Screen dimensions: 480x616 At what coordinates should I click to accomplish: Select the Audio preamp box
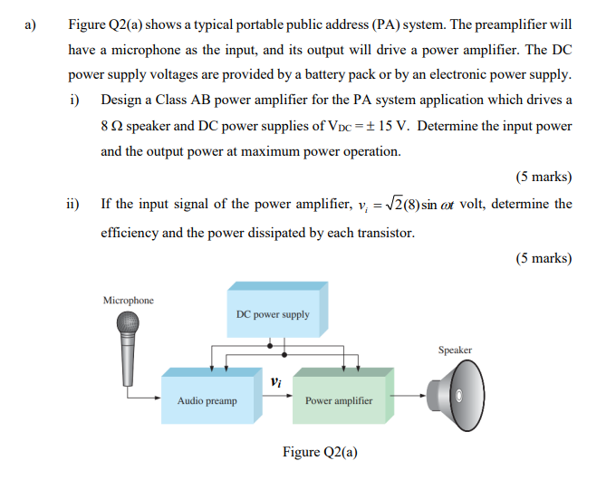[207, 398]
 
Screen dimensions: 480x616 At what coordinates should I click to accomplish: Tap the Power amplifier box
[339, 398]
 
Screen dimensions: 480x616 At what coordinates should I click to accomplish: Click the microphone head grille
[129, 323]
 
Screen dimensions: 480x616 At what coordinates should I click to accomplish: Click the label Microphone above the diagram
[129, 300]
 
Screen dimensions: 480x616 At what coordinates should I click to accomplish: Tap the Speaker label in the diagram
[455, 350]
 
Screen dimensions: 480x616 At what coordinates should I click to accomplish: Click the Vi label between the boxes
[275, 381]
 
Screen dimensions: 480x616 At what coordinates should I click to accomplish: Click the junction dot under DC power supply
[269, 344]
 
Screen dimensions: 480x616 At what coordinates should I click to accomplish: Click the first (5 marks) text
[544, 177]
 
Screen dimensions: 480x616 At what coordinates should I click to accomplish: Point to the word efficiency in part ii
[129, 232]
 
